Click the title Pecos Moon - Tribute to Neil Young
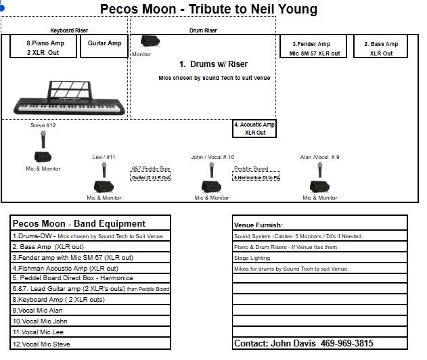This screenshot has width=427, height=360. point(208,9)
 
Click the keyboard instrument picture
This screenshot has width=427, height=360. point(62,98)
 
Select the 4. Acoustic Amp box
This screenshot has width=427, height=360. point(254,129)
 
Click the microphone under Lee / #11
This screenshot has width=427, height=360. point(105,170)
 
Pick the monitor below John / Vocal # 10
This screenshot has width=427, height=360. point(210,187)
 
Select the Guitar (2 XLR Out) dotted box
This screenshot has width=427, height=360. point(150,177)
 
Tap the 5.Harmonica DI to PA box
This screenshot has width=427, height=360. point(256,177)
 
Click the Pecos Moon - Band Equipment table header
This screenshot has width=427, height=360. point(78,224)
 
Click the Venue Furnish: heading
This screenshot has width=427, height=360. point(259,225)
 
